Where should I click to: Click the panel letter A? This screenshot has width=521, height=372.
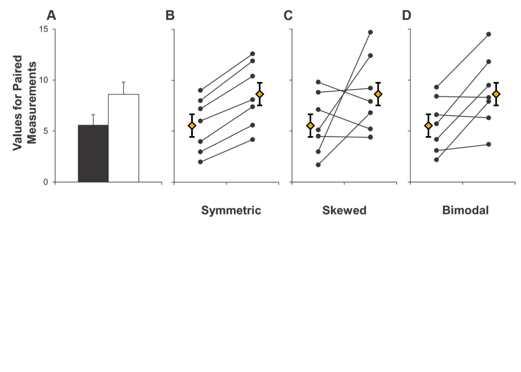[x=51, y=16]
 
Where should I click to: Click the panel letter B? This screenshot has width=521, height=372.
[x=170, y=16]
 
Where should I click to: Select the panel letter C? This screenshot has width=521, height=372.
[x=288, y=16]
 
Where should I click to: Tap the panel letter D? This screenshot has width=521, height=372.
[x=406, y=16]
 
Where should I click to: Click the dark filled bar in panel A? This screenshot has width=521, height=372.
[x=93, y=153]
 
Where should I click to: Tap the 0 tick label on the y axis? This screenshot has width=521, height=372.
[x=46, y=182]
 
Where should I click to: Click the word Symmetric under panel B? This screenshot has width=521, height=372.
[x=231, y=210]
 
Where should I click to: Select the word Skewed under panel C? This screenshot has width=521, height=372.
[x=344, y=210]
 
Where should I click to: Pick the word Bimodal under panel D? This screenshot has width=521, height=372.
[x=465, y=210]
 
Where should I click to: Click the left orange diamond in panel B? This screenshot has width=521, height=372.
[x=192, y=126]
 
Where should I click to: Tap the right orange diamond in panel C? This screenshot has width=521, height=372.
[x=378, y=94]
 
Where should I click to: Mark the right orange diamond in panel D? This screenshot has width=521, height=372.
[x=496, y=94]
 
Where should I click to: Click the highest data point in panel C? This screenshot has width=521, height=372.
[x=370, y=32]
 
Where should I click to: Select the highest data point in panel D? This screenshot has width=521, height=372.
[x=489, y=34]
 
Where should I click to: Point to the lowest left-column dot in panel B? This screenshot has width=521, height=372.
[x=200, y=162]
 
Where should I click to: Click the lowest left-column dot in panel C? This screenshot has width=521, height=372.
[x=319, y=165]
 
